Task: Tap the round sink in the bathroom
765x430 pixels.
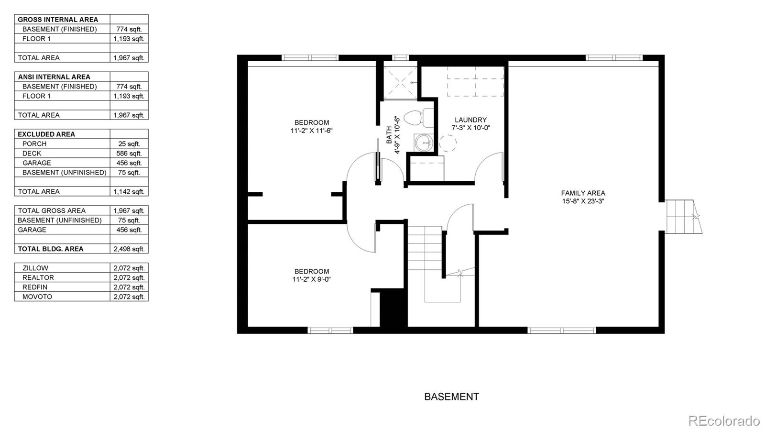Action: click(423, 143)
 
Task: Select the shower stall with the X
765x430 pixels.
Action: click(400, 83)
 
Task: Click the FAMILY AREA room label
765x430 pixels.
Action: click(583, 193)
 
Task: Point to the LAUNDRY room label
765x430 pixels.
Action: click(470, 120)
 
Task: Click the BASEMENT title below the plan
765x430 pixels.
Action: click(451, 397)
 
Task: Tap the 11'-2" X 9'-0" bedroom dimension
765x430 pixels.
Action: click(312, 279)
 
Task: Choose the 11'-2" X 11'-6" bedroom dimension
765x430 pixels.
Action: click(311, 131)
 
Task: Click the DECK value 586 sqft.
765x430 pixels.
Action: click(129, 154)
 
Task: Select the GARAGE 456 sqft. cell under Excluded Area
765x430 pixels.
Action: click(129, 163)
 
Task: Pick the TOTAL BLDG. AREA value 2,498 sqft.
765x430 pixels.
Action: click(129, 249)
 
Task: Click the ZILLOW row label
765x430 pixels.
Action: click(35, 268)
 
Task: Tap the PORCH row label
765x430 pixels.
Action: click(34, 144)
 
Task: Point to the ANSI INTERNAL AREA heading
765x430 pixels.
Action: click(54, 77)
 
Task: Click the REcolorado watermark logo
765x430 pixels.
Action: click(723, 421)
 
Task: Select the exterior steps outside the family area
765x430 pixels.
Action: click(683, 217)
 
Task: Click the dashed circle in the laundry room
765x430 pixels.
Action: click(448, 143)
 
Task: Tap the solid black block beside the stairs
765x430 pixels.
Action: click(393, 308)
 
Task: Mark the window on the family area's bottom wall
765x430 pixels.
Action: click(562, 330)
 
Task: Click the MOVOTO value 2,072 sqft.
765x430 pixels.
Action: click(129, 297)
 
